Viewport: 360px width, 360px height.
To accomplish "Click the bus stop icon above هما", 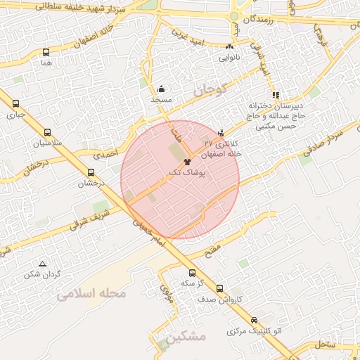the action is pos(46,53).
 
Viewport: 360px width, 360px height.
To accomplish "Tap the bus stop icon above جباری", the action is pos(15,103).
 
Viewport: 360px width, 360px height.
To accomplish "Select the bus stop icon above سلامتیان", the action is pos(47,131).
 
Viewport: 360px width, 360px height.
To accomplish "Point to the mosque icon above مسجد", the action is pos(162,89).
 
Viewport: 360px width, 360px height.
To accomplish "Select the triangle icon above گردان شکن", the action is pos(43,264).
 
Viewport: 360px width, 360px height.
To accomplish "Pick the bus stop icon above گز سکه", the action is pos(191,273).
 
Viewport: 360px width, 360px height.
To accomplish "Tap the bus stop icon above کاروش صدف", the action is pos(220,288).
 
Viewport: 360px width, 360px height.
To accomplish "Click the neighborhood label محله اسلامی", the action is pos(92,292).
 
